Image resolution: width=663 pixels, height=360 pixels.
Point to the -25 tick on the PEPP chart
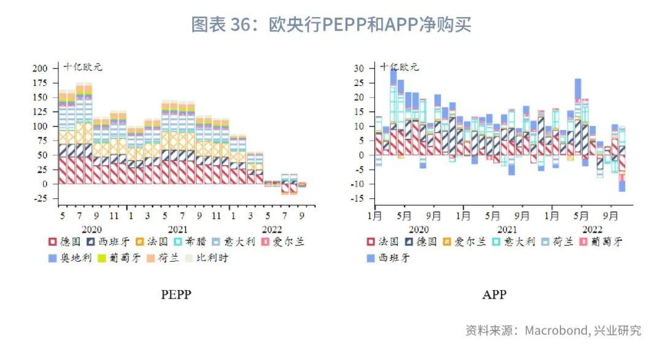[x=41, y=198]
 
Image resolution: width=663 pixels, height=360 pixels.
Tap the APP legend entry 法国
[x=384, y=242]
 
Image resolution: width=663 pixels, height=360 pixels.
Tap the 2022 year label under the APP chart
[x=592, y=229]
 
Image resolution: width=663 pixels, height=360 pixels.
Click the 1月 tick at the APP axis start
[x=374, y=216]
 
